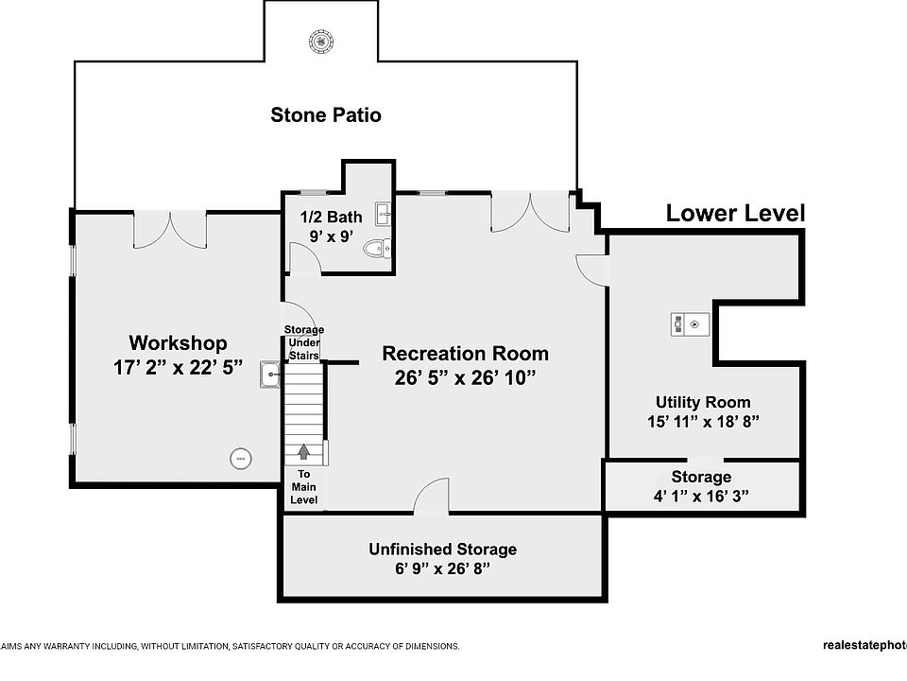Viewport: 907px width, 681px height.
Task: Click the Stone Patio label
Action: click(x=326, y=115)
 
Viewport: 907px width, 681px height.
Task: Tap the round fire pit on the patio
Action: click(x=321, y=41)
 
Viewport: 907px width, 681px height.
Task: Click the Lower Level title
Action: click(x=735, y=213)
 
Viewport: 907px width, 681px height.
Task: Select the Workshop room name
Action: click(x=178, y=342)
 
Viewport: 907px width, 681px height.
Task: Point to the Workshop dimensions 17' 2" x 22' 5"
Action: click(x=178, y=367)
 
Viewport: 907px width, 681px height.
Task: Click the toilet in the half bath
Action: click(x=378, y=250)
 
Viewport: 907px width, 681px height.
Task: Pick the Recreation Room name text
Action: click(x=465, y=354)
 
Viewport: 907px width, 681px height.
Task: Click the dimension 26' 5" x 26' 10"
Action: click(x=465, y=378)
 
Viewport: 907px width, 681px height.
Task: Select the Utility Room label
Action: click(x=703, y=402)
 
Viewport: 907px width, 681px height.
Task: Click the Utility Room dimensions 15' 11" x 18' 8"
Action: click(x=703, y=422)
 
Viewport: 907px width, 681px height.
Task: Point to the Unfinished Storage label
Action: click(x=442, y=549)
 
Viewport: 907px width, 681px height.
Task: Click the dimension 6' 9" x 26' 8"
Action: click(x=442, y=569)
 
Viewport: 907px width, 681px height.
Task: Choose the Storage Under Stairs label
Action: click(x=304, y=342)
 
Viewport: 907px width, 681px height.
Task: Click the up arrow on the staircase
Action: click(x=304, y=452)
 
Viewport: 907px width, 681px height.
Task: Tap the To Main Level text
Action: click(x=304, y=486)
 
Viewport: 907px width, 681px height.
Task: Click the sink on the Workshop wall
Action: click(x=270, y=375)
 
